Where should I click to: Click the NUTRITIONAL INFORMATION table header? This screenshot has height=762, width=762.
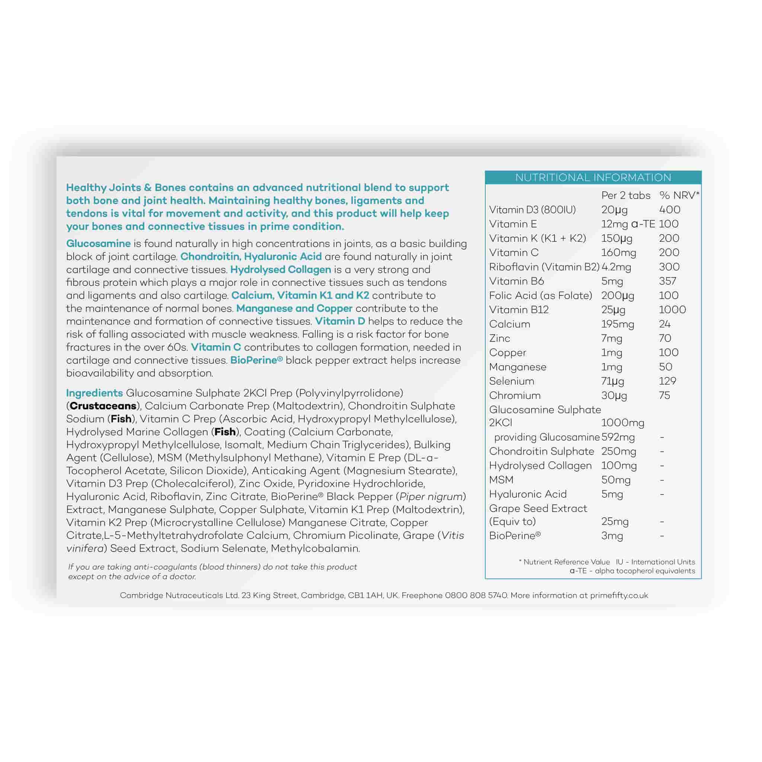coord(593,177)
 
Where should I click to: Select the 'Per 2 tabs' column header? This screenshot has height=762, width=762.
coord(625,195)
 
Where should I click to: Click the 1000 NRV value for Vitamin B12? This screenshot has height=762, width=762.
coord(672,310)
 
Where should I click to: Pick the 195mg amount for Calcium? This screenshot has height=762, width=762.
coord(617,324)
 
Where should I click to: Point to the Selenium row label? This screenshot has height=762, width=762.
coord(512,381)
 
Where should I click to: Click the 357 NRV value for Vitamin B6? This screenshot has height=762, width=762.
coord(667,281)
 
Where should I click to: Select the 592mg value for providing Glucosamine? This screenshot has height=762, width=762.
coord(618,437)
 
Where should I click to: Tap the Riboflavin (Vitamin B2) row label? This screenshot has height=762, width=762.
coord(544,267)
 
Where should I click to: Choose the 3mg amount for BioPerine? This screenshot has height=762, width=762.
coord(612,536)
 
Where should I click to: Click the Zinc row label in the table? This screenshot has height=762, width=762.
coord(500,339)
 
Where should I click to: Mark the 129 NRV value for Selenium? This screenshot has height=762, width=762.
coord(667,381)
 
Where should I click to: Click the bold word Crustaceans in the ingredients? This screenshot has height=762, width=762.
coord(103,406)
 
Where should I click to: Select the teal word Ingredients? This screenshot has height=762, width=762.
coord(94,393)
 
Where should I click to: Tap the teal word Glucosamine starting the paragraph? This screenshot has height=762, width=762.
coord(98,243)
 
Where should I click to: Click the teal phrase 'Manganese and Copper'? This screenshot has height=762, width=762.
coord(294,308)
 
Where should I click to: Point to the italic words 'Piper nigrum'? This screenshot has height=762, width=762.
coord(431,497)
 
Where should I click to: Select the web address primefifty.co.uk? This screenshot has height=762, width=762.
coord(619,595)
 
